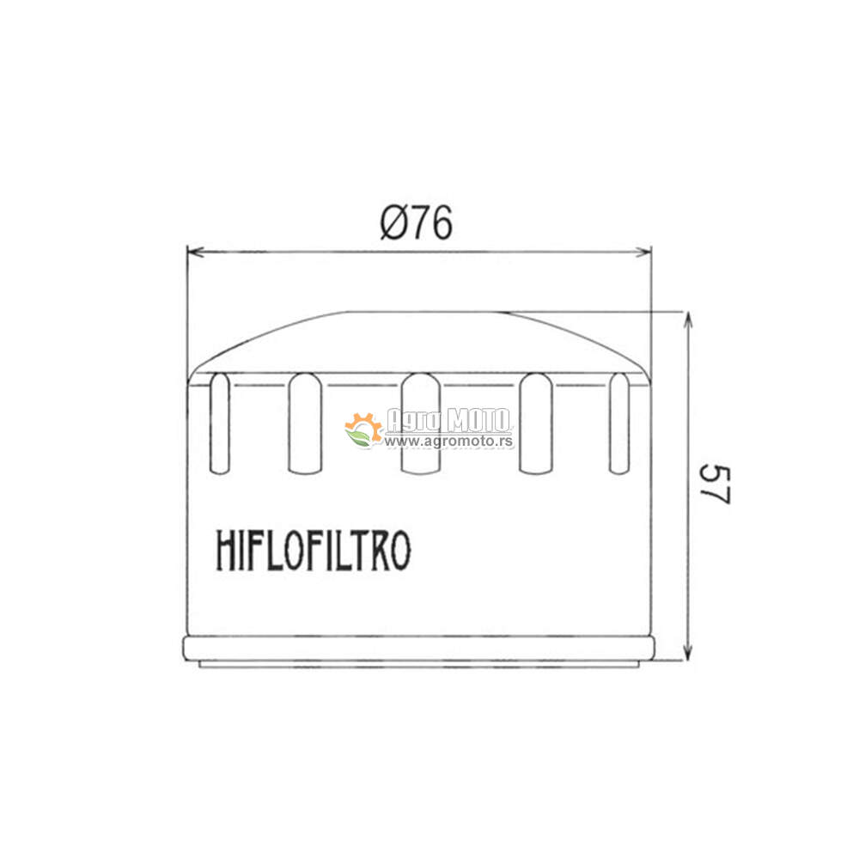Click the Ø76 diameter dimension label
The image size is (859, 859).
coord(417,222)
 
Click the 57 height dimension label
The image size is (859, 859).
coord(715,484)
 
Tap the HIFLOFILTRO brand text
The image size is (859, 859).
coord(314,550)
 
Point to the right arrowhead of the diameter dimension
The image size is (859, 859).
coord(643,252)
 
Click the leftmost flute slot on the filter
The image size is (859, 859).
coord(220,423)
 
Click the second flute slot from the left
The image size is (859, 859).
coord(305,423)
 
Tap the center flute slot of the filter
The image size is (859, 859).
coord(421,423)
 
